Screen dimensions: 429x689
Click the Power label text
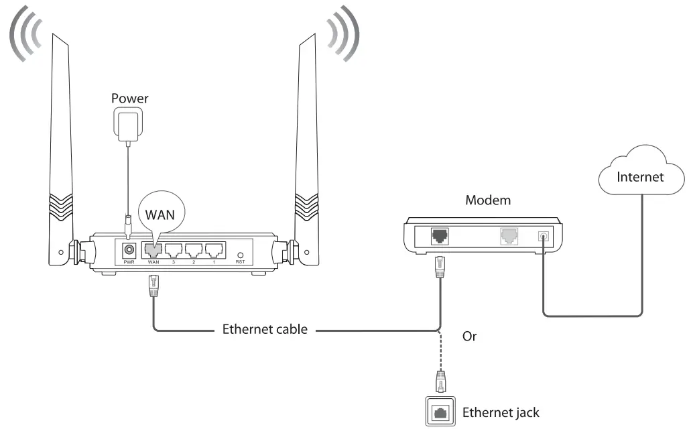click(129, 99)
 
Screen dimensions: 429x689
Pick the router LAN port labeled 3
click(174, 249)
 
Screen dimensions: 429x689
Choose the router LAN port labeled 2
click(194, 249)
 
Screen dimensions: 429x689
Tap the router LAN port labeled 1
click(215, 249)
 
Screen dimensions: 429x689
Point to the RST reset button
click(241, 255)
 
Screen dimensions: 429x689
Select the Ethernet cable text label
click(265, 329)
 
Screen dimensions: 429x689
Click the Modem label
click(488, 200)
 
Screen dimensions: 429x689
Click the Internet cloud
click(641, 176)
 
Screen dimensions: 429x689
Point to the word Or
click(470, 336)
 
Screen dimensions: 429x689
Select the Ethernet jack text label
click(501, 412)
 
